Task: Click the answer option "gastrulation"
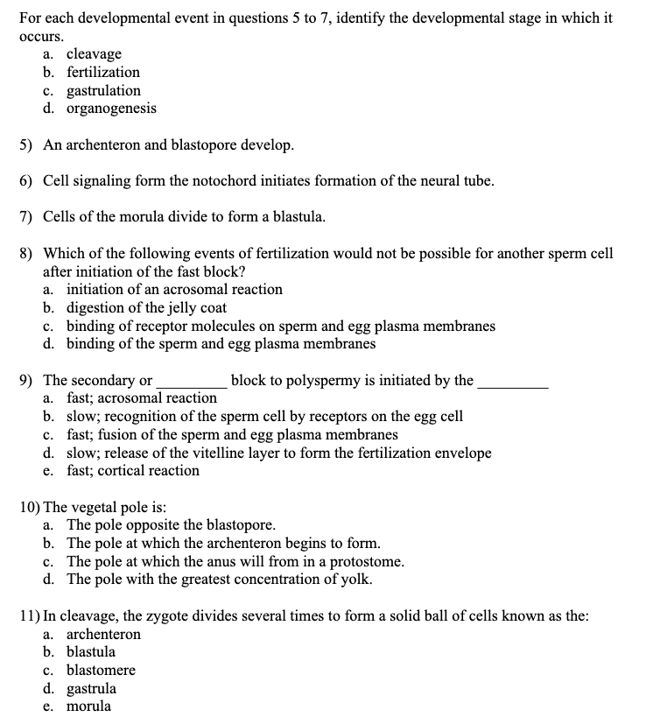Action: (103, 90)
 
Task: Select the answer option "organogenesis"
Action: (111, 109)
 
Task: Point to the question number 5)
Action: (26, 144)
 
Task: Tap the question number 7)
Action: (26, 217)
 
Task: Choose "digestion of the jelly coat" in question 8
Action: (146, 307)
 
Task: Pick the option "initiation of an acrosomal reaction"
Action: (174, 289)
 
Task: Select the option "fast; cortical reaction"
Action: (133, 470)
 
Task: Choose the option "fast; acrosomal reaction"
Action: (142, 397)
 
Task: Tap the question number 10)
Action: (30, 507)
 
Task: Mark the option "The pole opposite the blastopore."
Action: (172, 525)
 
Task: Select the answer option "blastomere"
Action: (101, 670)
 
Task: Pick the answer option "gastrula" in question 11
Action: (91, 688)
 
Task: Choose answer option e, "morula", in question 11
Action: (88, 706)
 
